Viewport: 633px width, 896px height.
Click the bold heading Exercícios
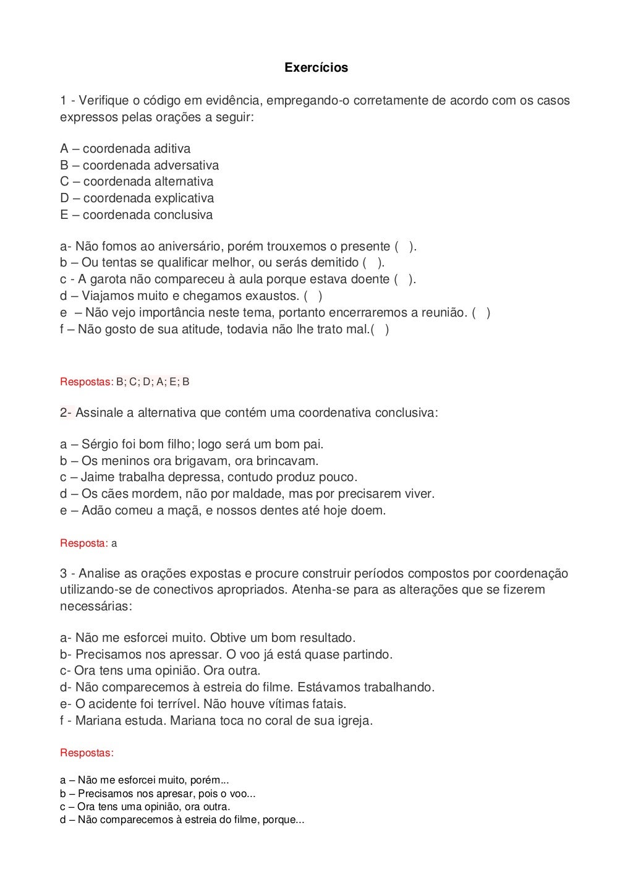316,68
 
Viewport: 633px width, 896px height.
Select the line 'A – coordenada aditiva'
125,148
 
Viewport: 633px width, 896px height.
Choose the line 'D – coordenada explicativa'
137,198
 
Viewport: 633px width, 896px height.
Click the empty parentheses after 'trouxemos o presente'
405,247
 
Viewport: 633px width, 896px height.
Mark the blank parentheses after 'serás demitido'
373,263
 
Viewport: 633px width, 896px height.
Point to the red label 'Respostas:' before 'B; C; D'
87,382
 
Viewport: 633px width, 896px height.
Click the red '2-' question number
67,412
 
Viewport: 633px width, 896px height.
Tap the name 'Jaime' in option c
98,477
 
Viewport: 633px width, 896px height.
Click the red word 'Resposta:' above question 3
83,544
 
